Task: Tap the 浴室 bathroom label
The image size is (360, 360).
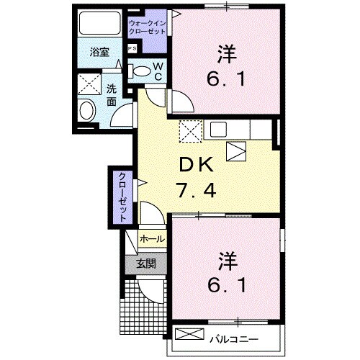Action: click(99, 53)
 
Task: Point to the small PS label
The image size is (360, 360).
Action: click(132, 48)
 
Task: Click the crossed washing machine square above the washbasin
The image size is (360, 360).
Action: click(91, 85)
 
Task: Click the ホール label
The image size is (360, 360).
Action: click(151, 238)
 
